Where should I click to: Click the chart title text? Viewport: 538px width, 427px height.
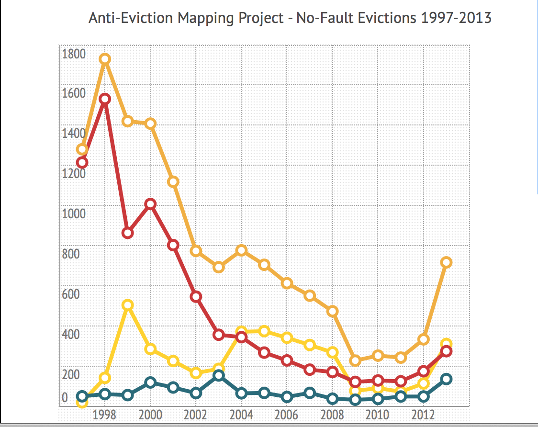(290, 18)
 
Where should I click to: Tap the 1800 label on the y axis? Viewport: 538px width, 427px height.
(73, 54)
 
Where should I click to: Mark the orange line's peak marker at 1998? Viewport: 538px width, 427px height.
(105, 59)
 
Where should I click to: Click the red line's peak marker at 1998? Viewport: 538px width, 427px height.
(105, 99)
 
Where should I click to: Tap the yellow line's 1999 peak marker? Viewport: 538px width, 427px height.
(127, 305)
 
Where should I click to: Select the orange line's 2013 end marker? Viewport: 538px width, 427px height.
(446, 262)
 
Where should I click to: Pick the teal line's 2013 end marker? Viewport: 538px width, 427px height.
(446, 379)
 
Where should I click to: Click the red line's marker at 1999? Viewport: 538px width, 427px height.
(127, 233)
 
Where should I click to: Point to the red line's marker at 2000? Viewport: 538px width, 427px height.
(150, 204)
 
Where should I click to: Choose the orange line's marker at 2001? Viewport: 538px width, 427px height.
(173, 181)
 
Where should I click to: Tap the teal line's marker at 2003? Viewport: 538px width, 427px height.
(218, 375)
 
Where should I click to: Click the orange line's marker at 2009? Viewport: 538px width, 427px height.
(355, 360)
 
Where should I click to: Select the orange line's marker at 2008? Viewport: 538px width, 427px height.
(332, 311)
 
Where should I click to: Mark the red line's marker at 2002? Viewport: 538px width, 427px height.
(196, 297)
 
